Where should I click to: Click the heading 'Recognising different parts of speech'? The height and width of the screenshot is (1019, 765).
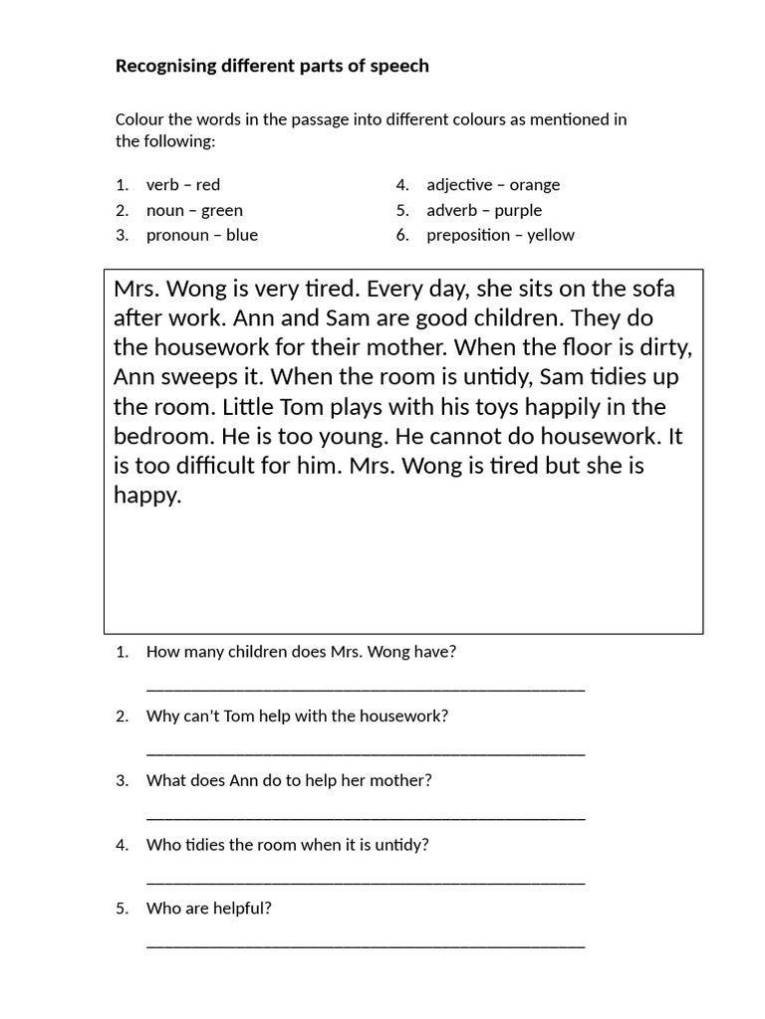tap(272, 67)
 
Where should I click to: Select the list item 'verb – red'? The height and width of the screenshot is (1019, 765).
tap(183, 185)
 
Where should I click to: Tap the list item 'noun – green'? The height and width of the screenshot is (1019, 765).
tap(194, 210)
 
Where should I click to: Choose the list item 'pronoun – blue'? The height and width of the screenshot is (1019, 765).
tap(201, 235)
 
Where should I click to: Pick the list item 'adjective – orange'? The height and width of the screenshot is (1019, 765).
tap(493, 185)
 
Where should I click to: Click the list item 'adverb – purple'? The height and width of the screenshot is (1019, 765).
tap(484, 210)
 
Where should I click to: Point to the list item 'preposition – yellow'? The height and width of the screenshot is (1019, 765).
tap(500, 235)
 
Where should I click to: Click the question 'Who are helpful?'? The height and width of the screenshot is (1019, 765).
tap(208, 909)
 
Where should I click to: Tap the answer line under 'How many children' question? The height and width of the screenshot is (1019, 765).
tap(366, 687)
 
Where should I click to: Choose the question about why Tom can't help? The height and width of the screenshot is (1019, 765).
tap(297, 716)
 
